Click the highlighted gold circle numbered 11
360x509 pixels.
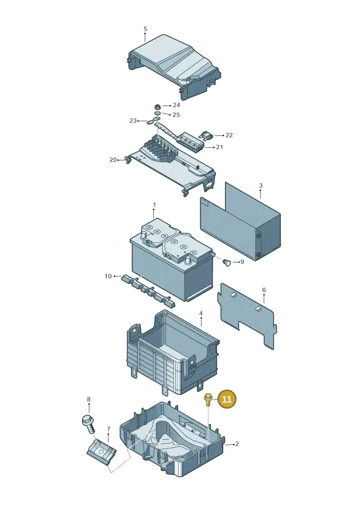click(x=227, y=399)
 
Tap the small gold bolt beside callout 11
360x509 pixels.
click(x=208, y=399)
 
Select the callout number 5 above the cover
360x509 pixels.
click(x=145, y=29)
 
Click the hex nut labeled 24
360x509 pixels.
click(x=157, y=106)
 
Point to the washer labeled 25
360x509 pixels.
click(x=157, y=113)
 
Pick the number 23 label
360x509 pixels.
click(x=133, y=121)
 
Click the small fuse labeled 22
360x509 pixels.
click(x=206, y=135)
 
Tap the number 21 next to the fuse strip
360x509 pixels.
click(x=220, y=147)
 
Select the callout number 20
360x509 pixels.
click(x=113, y=160)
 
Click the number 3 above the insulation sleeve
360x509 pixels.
click(x=261, y=186)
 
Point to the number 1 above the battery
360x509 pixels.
click(x=154, y=205)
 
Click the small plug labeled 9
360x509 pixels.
click(x=227, y=262)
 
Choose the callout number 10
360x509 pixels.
click(x=108, y=276)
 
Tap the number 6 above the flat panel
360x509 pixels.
click(x=264, y=290)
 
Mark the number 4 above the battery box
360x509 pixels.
click(x=201, y=313)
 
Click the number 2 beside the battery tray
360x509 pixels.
click(x=237, y=444)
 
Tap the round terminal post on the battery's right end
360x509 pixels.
click(x=187, y=260)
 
